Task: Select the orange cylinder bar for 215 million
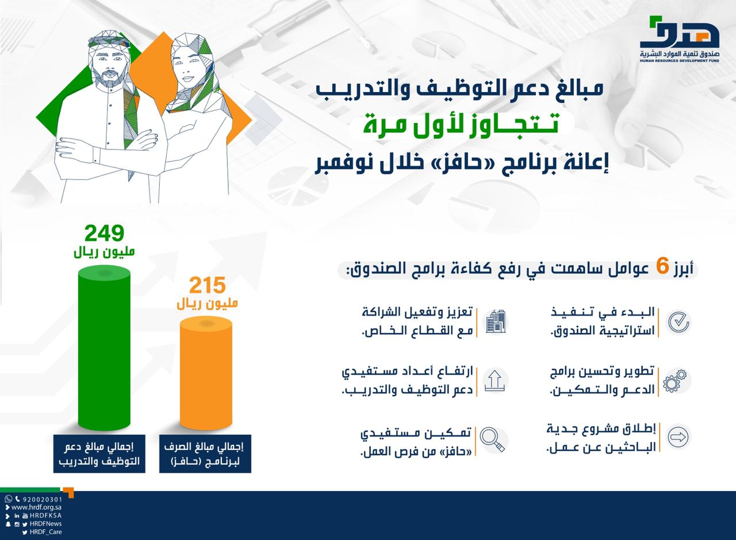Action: click(206, 374)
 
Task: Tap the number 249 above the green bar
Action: click(104, 233)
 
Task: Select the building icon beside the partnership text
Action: click(495, 321)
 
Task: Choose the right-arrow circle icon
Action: click(678, 437)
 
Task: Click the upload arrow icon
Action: click(494, 381)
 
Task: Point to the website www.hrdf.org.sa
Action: click(36, 508)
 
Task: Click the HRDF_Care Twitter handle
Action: click(45, 532)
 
